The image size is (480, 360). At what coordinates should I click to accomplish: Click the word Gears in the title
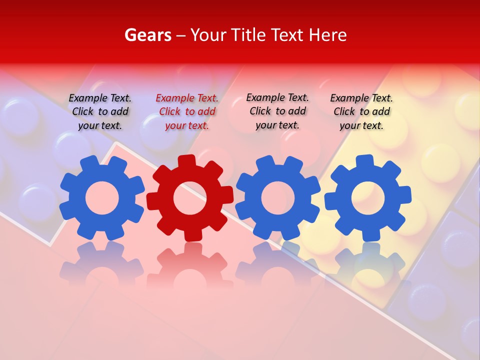coord(147,35)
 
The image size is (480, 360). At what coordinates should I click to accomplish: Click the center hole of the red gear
coord(189,198)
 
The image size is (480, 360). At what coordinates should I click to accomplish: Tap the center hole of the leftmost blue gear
coord(102,198)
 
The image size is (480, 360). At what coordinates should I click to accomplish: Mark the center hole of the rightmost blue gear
coord(367,198)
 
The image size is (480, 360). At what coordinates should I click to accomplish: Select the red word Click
coord(169,112)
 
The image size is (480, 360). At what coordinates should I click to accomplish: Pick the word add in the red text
coord(206,112)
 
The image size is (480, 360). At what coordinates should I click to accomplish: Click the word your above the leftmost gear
coord(88,125)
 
